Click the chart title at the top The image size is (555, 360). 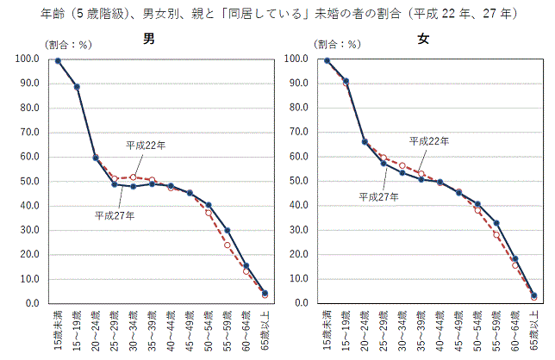[277, 15]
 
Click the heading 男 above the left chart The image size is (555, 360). [149, 39]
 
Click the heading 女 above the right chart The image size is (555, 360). [423, 39]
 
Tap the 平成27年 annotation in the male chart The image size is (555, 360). [114, 215]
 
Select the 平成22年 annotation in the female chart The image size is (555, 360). [429, 140]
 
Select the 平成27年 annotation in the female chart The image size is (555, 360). [378, 196]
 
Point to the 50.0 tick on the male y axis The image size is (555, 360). [28, 182]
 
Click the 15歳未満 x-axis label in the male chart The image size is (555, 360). [57, 332]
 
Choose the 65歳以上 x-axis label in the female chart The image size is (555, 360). [534, 332]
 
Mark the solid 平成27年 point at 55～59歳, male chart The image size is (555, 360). [228, 230]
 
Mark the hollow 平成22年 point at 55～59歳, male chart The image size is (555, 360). [228, 245]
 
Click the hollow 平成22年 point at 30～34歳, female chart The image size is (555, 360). [402, 165]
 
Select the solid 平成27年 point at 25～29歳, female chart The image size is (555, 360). [384, 163]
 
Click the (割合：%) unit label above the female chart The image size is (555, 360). [337, 44]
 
